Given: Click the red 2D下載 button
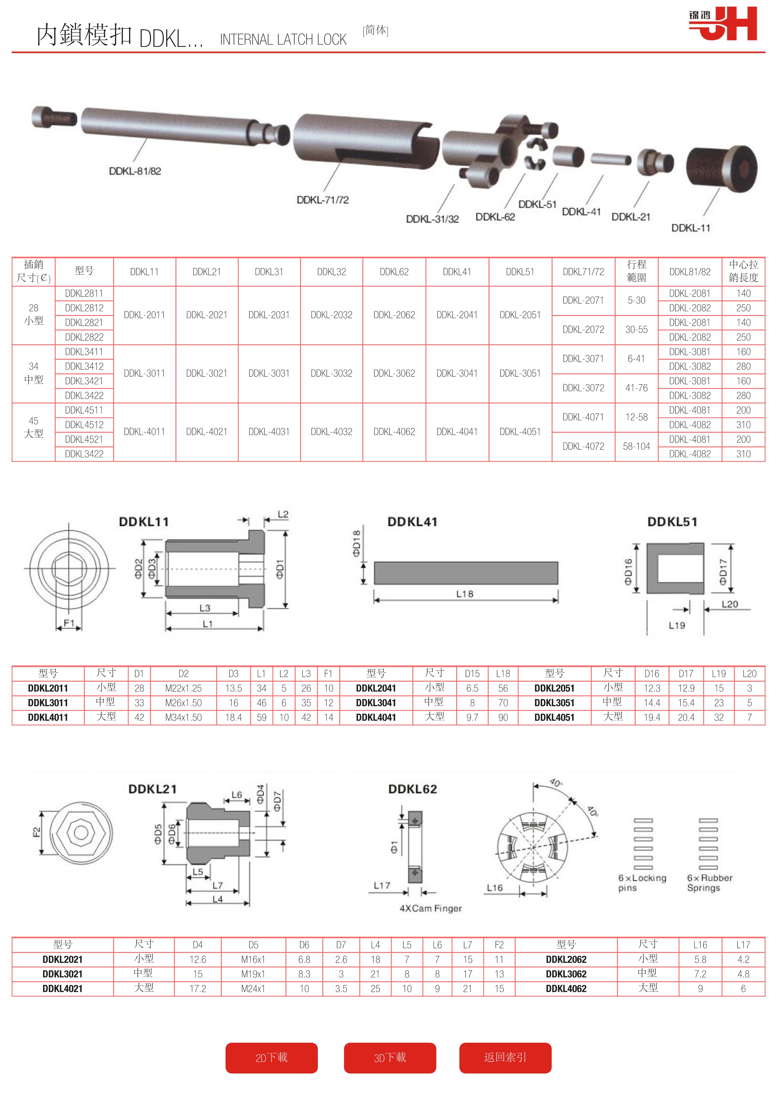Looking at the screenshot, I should coord(271,1057).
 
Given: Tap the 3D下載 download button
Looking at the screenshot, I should coord(390,1057).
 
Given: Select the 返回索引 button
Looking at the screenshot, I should coord(505,1057).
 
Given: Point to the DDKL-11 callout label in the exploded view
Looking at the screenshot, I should coord(691,228).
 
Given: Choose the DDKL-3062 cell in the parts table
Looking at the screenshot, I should coord(394,373).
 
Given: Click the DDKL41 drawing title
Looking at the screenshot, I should coord(412,522).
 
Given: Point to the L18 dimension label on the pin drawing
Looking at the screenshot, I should coord(465,594).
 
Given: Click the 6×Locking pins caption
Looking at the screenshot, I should coord(642,882).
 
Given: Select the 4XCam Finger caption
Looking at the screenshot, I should coord(431,908).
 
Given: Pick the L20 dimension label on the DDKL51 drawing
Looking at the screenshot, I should coord(730,604).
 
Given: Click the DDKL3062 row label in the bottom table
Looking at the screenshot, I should coord(566,974).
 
